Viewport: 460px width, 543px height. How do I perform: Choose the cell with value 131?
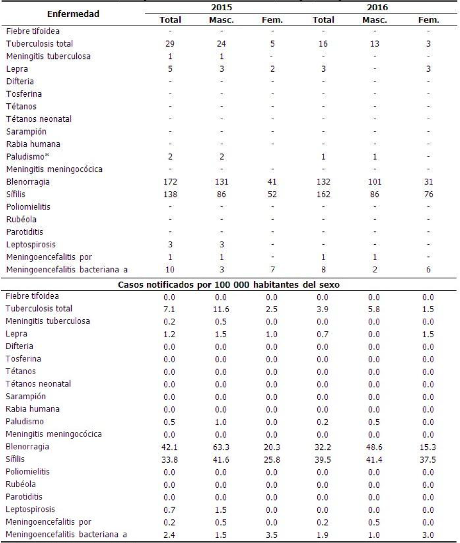pos(222,182)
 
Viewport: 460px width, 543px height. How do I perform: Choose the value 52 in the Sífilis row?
pos(274,194)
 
